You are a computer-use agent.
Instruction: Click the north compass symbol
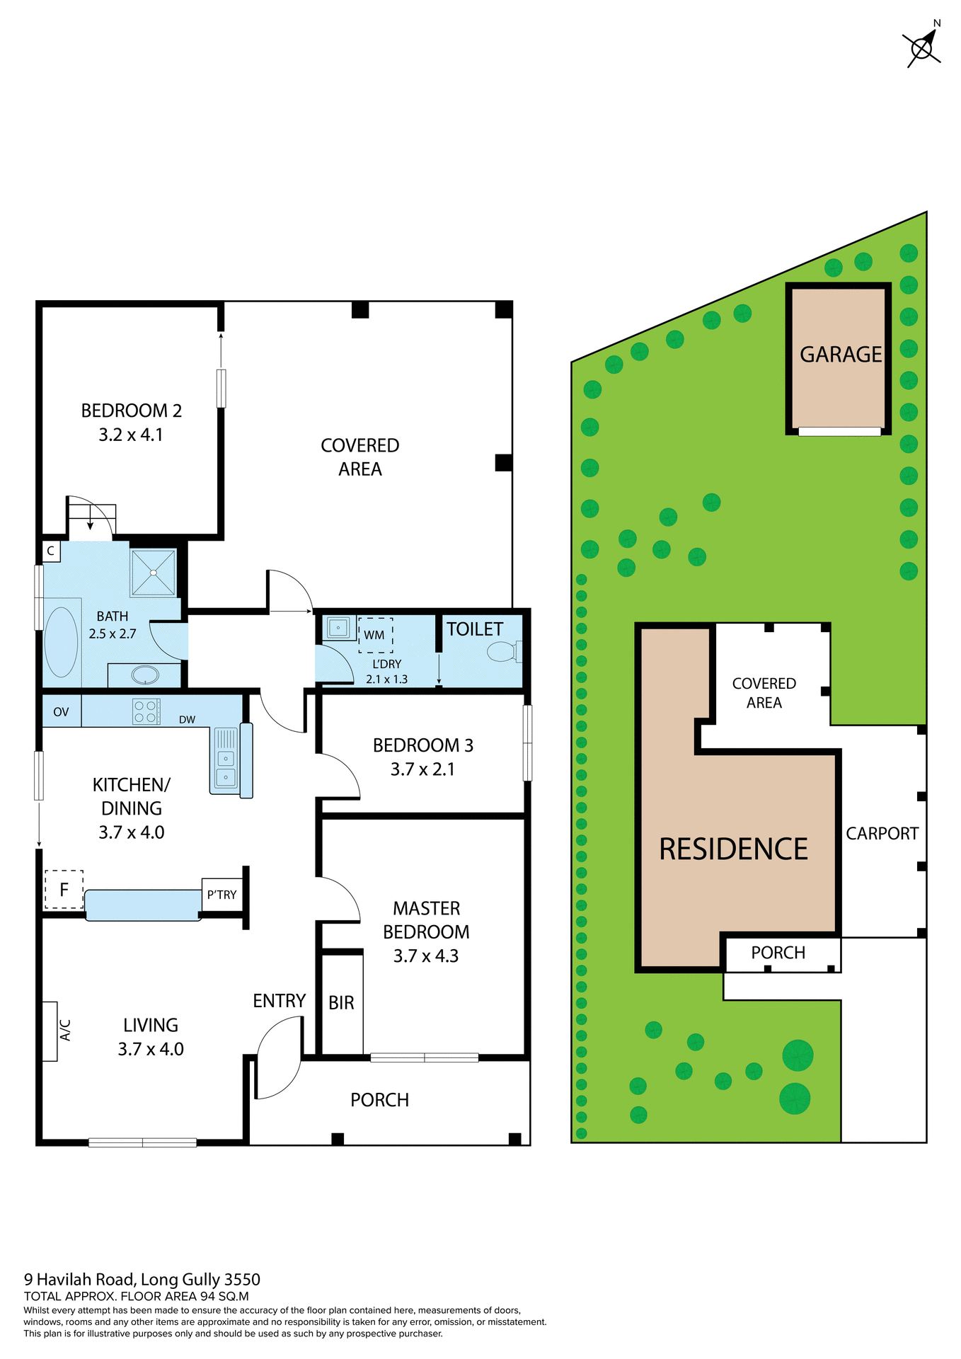[x=923, y=47]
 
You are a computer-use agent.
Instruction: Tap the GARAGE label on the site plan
[x=840, y=354]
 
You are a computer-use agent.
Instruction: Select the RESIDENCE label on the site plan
[x=733, y=849]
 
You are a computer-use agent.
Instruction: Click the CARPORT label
[x=882, y=833]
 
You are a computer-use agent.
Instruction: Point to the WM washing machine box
[x=375, y=634]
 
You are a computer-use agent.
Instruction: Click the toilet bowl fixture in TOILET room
[x=502, y=651]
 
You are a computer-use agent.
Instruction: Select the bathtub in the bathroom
[x=62, y=641]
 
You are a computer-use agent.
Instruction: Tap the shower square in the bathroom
[x=153, y=572]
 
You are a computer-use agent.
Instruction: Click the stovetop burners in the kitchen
[x=146, y=711]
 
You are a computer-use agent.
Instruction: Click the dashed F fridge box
[x=64, y=889]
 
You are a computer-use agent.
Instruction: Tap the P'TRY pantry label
[x=221, y=895]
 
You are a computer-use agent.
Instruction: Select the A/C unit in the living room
[x=50, y=1031]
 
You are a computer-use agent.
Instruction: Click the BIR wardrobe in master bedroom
[x=342, y=1002]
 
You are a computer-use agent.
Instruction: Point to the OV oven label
[x=62, y=711]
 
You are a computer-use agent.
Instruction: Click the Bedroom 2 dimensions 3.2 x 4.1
[x=131, y=435]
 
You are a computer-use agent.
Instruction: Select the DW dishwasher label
[x=187, y=720]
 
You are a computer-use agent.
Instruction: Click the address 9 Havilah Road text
[x=142, y=1279]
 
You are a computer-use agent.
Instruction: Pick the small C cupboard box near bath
[x=51, y=551]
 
